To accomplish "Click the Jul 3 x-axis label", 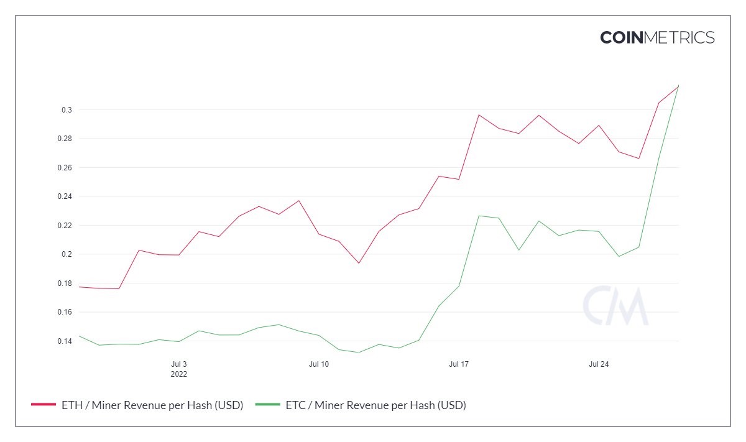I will (178, 364).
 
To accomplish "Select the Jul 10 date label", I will (318, 364).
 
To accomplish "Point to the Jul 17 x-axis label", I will (459, 364).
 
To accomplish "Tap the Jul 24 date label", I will (599, 364).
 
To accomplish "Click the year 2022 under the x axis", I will (178, 374).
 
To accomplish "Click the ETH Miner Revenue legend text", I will (152, 405).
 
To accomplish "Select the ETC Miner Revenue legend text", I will (375, 405).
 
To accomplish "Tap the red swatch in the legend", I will (44, 405).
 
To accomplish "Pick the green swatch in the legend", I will (267, 405).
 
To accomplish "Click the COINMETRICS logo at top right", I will (657, 37).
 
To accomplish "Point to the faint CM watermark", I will (615, 306).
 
